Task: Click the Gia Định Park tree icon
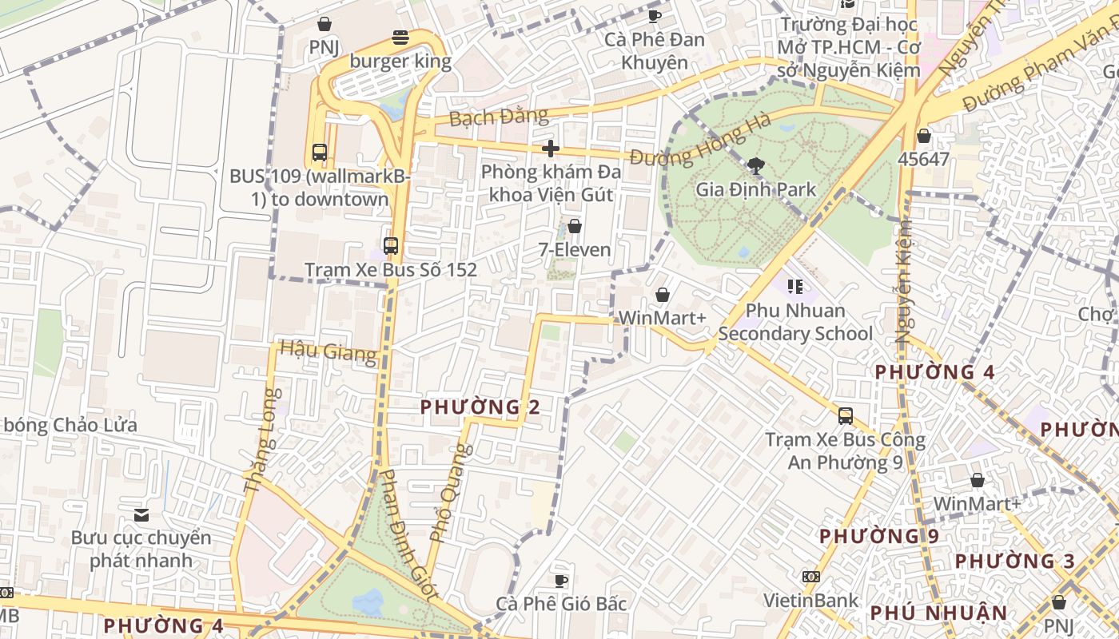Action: tap(755, 166)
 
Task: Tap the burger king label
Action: tap(400, 61)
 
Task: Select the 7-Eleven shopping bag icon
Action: tap(574, 226)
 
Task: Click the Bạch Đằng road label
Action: tap(499, 117)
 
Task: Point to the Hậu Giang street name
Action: tap(329, 351)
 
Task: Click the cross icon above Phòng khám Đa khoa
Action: tap(550, 148)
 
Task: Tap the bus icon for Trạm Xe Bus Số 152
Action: tap(390, 246)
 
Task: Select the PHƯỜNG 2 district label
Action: tap(480, 407)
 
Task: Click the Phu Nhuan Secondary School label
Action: tap(794, 321)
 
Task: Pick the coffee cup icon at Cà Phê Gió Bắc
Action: tap(561, 580)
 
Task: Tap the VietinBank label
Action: tap(810, 600)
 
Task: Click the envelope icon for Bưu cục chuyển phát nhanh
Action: tap(141, 514)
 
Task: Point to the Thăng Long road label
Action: tap(261, 439)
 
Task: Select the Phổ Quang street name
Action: tap(445, 492)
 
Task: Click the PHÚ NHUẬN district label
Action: tap(938, 613)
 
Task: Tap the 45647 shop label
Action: tap(923, 158)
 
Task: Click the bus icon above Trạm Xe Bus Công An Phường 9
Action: tap(845, 415)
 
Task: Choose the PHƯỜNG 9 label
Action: tap(879, 535)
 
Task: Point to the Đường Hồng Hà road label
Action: tap(700, 141)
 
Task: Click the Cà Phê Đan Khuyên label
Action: tap(654, 50)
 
